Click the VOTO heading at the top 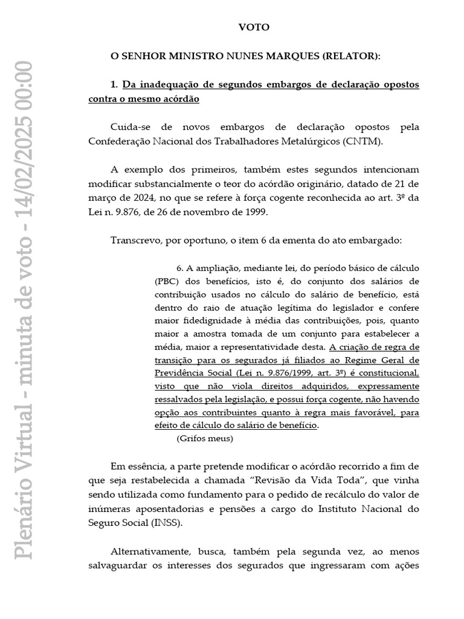(x=254, y=28)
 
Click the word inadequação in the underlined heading (x=168, y=85)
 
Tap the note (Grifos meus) (x=205, y=439)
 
